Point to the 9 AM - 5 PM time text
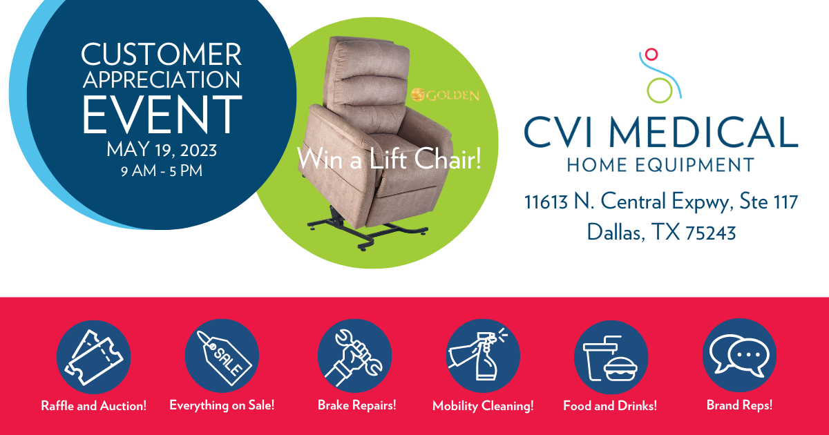[162, 170]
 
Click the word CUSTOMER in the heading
[162, 53]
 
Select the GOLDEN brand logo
[445, 95]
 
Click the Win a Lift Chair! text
[388, 159]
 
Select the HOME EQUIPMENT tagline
[660, 165]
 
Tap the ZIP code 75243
[710, 233]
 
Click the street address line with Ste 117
[661, 202]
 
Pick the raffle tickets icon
[93, 356]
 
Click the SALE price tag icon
[221, 356]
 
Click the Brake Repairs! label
[356, 405]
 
